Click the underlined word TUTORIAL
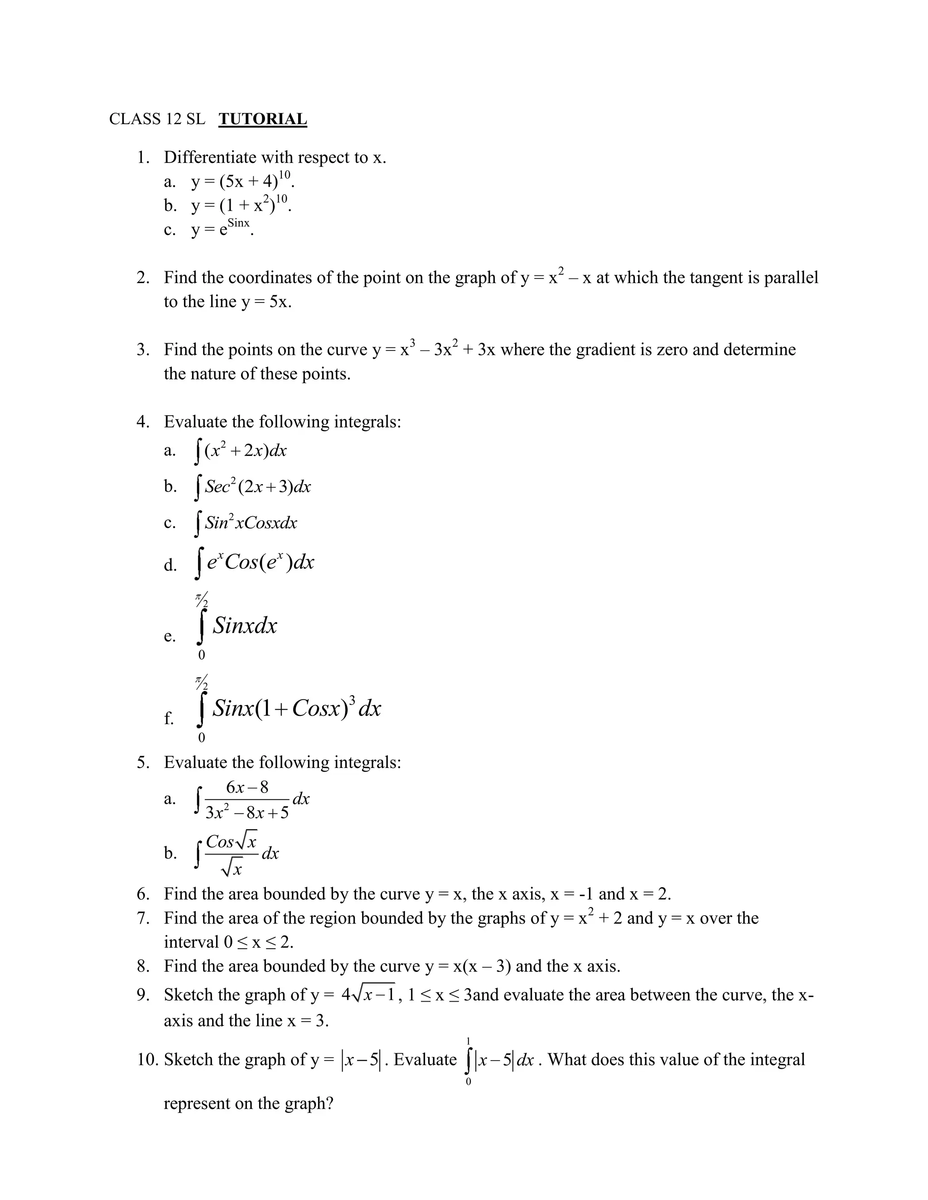coord(262,119)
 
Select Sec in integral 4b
coord(217,487)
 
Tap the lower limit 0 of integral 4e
coord(201,655)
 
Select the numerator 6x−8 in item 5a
coord(247,787)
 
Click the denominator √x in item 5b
coord(232,869)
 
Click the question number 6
coord(143,894)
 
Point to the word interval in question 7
coord(191,942)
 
